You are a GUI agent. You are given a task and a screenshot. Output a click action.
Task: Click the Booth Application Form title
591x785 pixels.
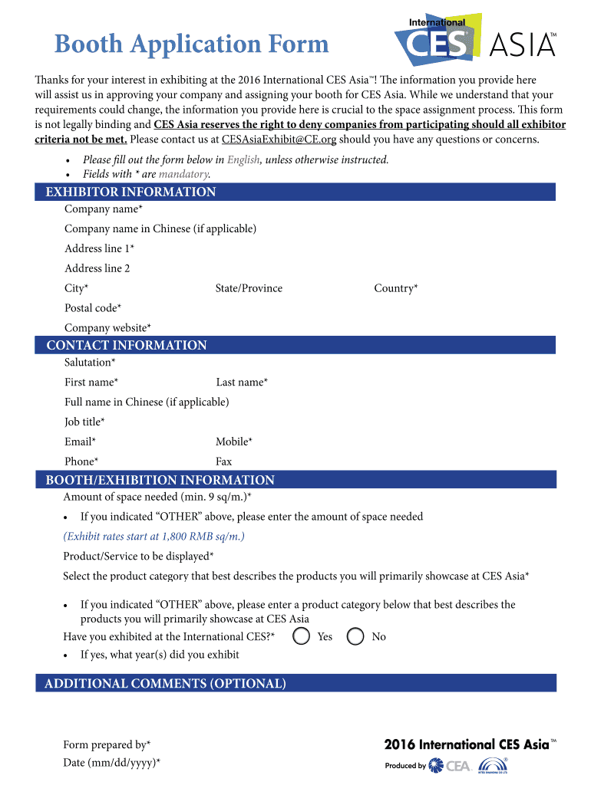191,44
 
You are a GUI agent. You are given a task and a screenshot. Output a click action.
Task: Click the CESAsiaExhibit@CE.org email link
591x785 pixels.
279,140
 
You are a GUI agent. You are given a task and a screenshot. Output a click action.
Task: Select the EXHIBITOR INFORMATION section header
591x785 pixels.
130,192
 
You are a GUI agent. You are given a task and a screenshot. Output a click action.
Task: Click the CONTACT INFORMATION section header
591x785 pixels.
127,345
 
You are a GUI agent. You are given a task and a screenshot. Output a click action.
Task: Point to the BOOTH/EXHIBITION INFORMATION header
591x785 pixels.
160,480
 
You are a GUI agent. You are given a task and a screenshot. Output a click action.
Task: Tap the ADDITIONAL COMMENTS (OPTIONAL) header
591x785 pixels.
165,683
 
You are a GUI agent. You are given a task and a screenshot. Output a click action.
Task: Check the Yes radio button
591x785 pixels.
302,636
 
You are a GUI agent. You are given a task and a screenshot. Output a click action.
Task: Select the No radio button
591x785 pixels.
355,636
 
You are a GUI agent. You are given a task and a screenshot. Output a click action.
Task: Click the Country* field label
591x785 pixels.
395,288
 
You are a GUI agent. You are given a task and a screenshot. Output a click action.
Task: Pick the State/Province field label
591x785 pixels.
249,288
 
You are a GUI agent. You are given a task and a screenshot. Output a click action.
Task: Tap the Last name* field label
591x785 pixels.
242,382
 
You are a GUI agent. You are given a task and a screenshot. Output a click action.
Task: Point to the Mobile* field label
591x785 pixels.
234,442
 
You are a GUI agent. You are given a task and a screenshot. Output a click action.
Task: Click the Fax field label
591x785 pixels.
223,461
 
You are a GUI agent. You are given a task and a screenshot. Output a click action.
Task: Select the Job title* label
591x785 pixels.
84,422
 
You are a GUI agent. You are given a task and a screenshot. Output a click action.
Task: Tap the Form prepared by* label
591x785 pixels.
107,744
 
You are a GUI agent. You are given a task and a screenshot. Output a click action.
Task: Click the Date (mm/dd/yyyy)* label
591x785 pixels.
111,763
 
